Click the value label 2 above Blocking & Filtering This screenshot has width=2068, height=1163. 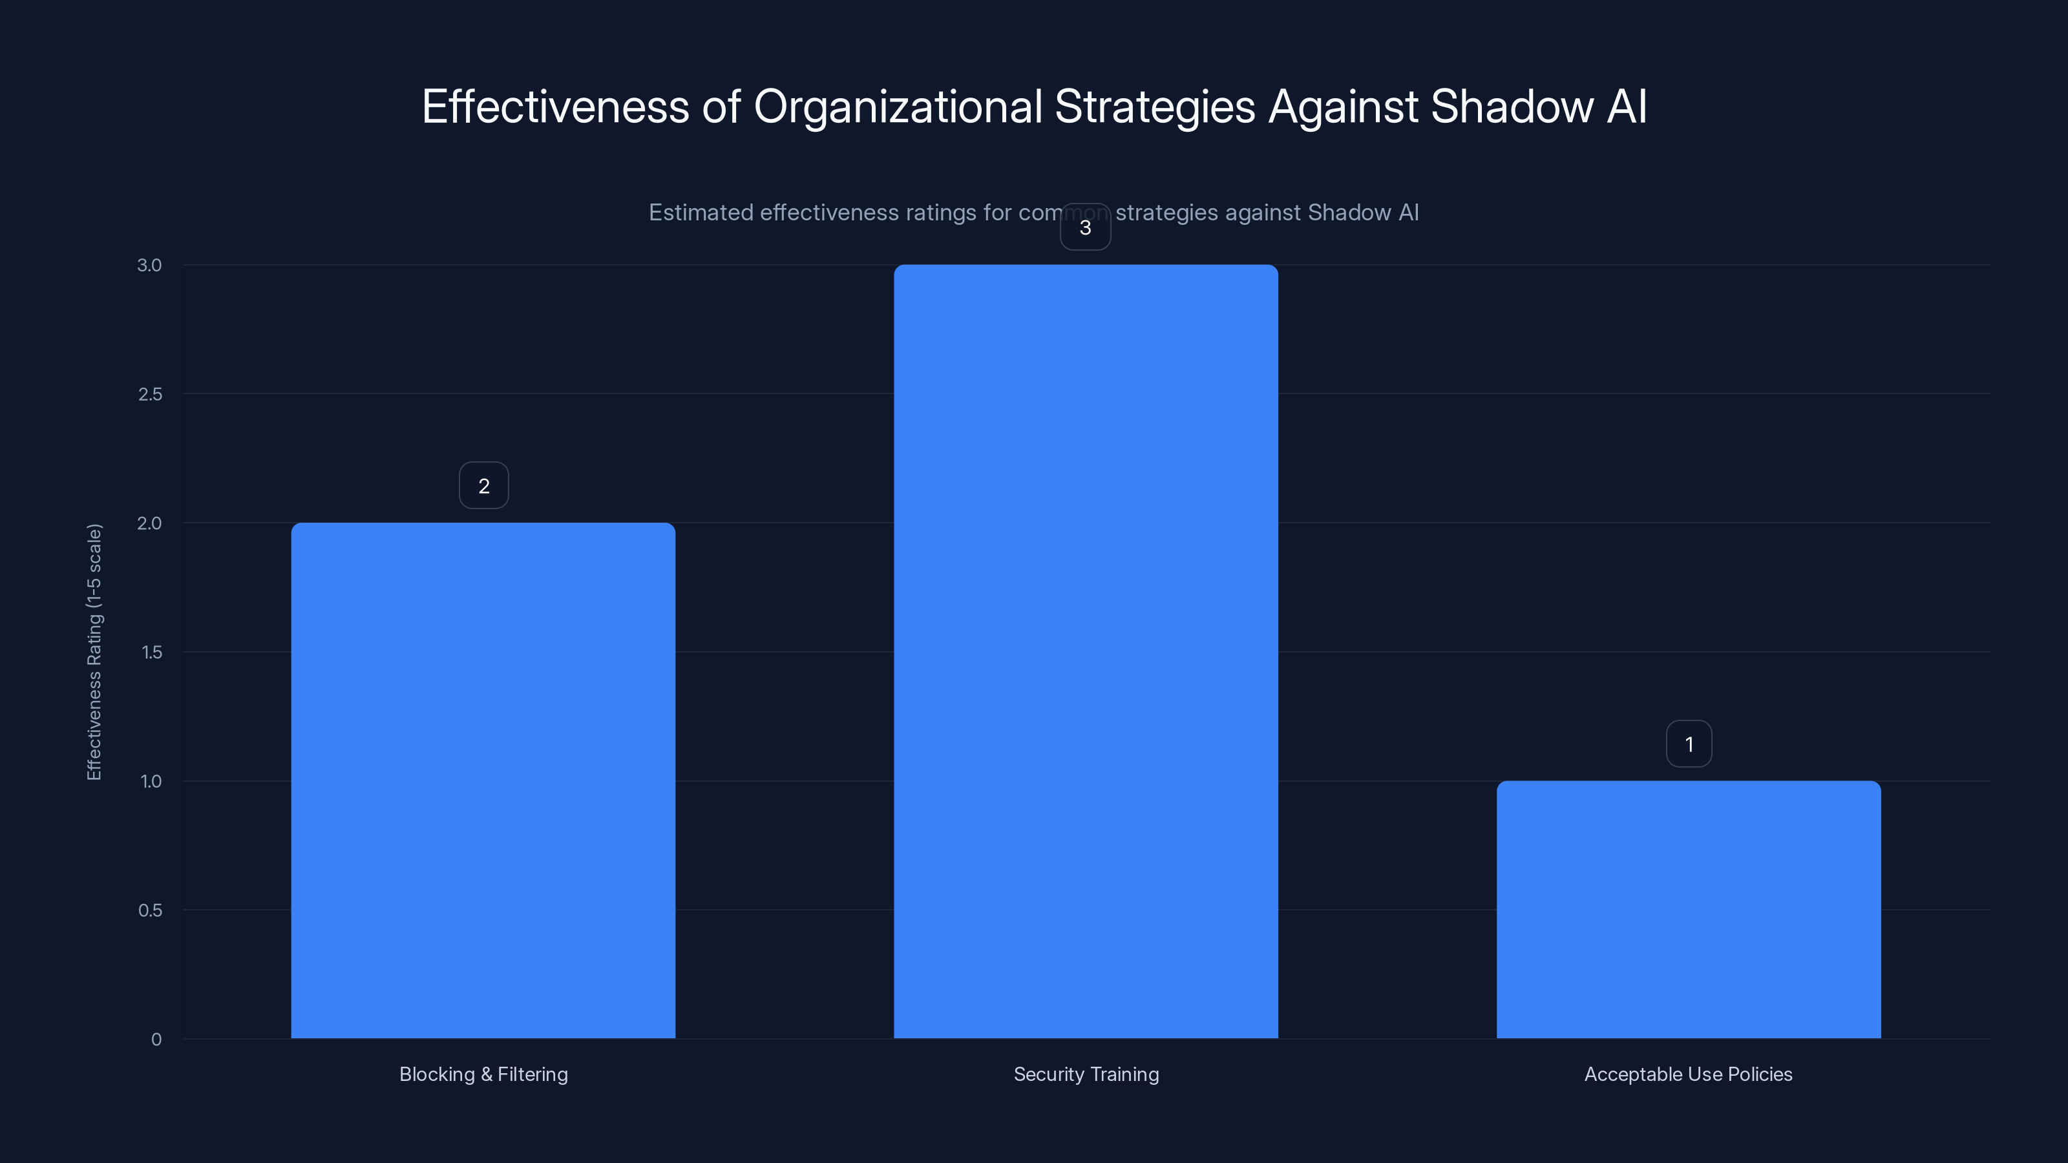(x=483, y=486)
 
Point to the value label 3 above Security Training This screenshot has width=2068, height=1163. (x=1086, y=227)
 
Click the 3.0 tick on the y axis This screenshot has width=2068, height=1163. (x=149, y=265)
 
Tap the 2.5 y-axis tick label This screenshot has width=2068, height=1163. (x=150, y=394)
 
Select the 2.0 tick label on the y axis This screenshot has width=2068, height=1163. (x=149, y=523)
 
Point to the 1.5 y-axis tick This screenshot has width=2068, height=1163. (x=152, y=652)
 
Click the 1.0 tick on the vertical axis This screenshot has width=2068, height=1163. (x=151, y=781)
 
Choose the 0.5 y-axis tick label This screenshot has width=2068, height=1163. (x=150, y=910)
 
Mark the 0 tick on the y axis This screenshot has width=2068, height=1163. (x=156, y=1040)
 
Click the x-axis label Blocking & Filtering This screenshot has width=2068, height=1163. (x=483, y=1074)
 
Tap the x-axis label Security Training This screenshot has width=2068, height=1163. (x=1086, y=1074)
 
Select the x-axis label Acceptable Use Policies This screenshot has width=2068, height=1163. (x=1688, y=1074)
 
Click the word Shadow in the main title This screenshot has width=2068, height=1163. (x=1512, y=107)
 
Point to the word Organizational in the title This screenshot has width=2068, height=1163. (x=898, y=107)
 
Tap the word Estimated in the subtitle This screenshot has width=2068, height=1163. (x=700, y=213)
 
